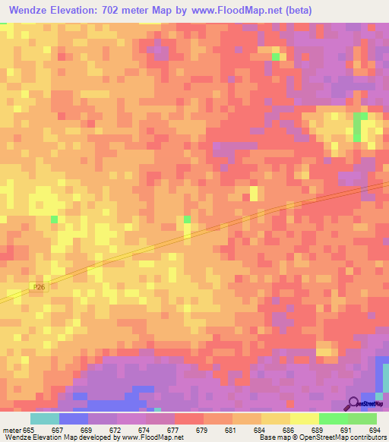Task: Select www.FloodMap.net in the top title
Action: point(235,11)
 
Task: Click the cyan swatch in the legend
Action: point(45,418)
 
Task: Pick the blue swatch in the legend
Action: point(74,418)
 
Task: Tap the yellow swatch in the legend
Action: point(304,418)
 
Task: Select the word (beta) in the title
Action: point(294,11)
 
